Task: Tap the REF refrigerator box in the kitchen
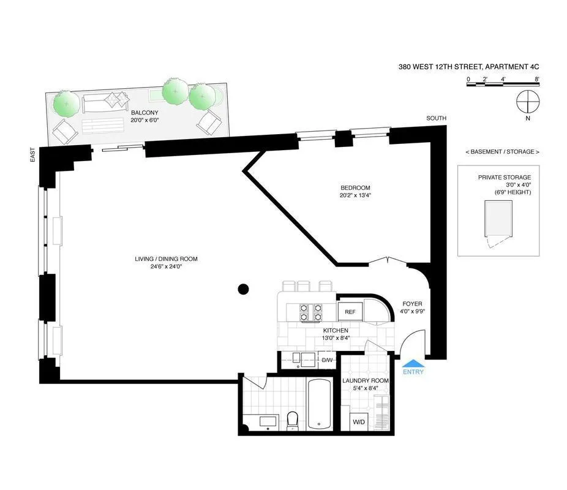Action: point(350,312)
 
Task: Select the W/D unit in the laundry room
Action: point(358,422)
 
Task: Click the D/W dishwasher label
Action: point(328,360)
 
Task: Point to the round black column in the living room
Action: point(244,289)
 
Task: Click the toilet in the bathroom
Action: point(292,420)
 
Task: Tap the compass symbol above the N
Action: point(527,100)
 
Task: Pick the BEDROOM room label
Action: point(355,188)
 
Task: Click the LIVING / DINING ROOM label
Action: point(167,259)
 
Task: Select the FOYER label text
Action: point(412,304)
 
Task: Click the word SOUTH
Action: point(437,118)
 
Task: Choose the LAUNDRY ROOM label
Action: point(365,380)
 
